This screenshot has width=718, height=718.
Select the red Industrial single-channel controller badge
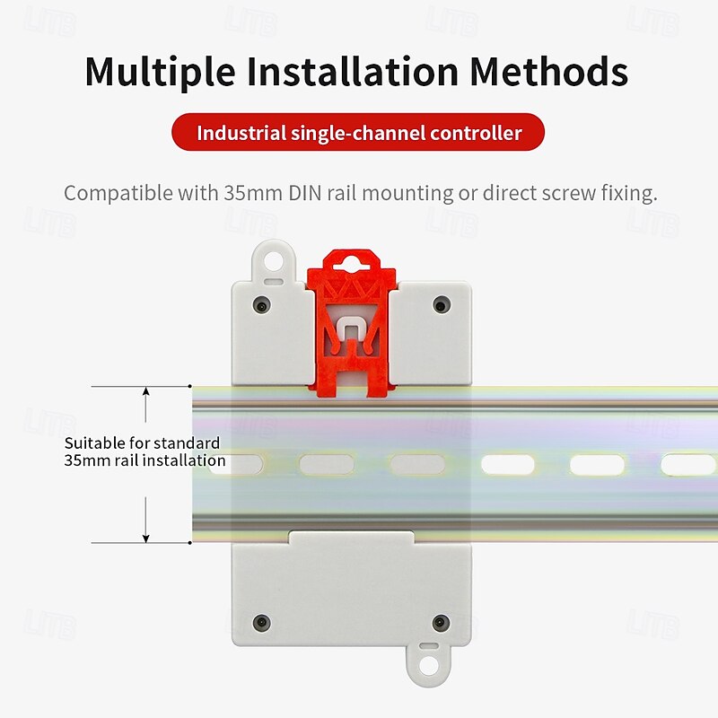point(359,134)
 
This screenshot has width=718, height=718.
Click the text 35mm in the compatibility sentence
point(249,193)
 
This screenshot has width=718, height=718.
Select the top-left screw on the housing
point(260,305)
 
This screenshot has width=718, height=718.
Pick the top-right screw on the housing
point(440,305)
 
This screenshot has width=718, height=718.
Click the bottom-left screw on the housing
point(260,621)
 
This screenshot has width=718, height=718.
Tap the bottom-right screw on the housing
point(440,621)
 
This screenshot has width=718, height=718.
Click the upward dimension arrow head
point(145,393)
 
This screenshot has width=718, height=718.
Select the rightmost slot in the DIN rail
point(688,465)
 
